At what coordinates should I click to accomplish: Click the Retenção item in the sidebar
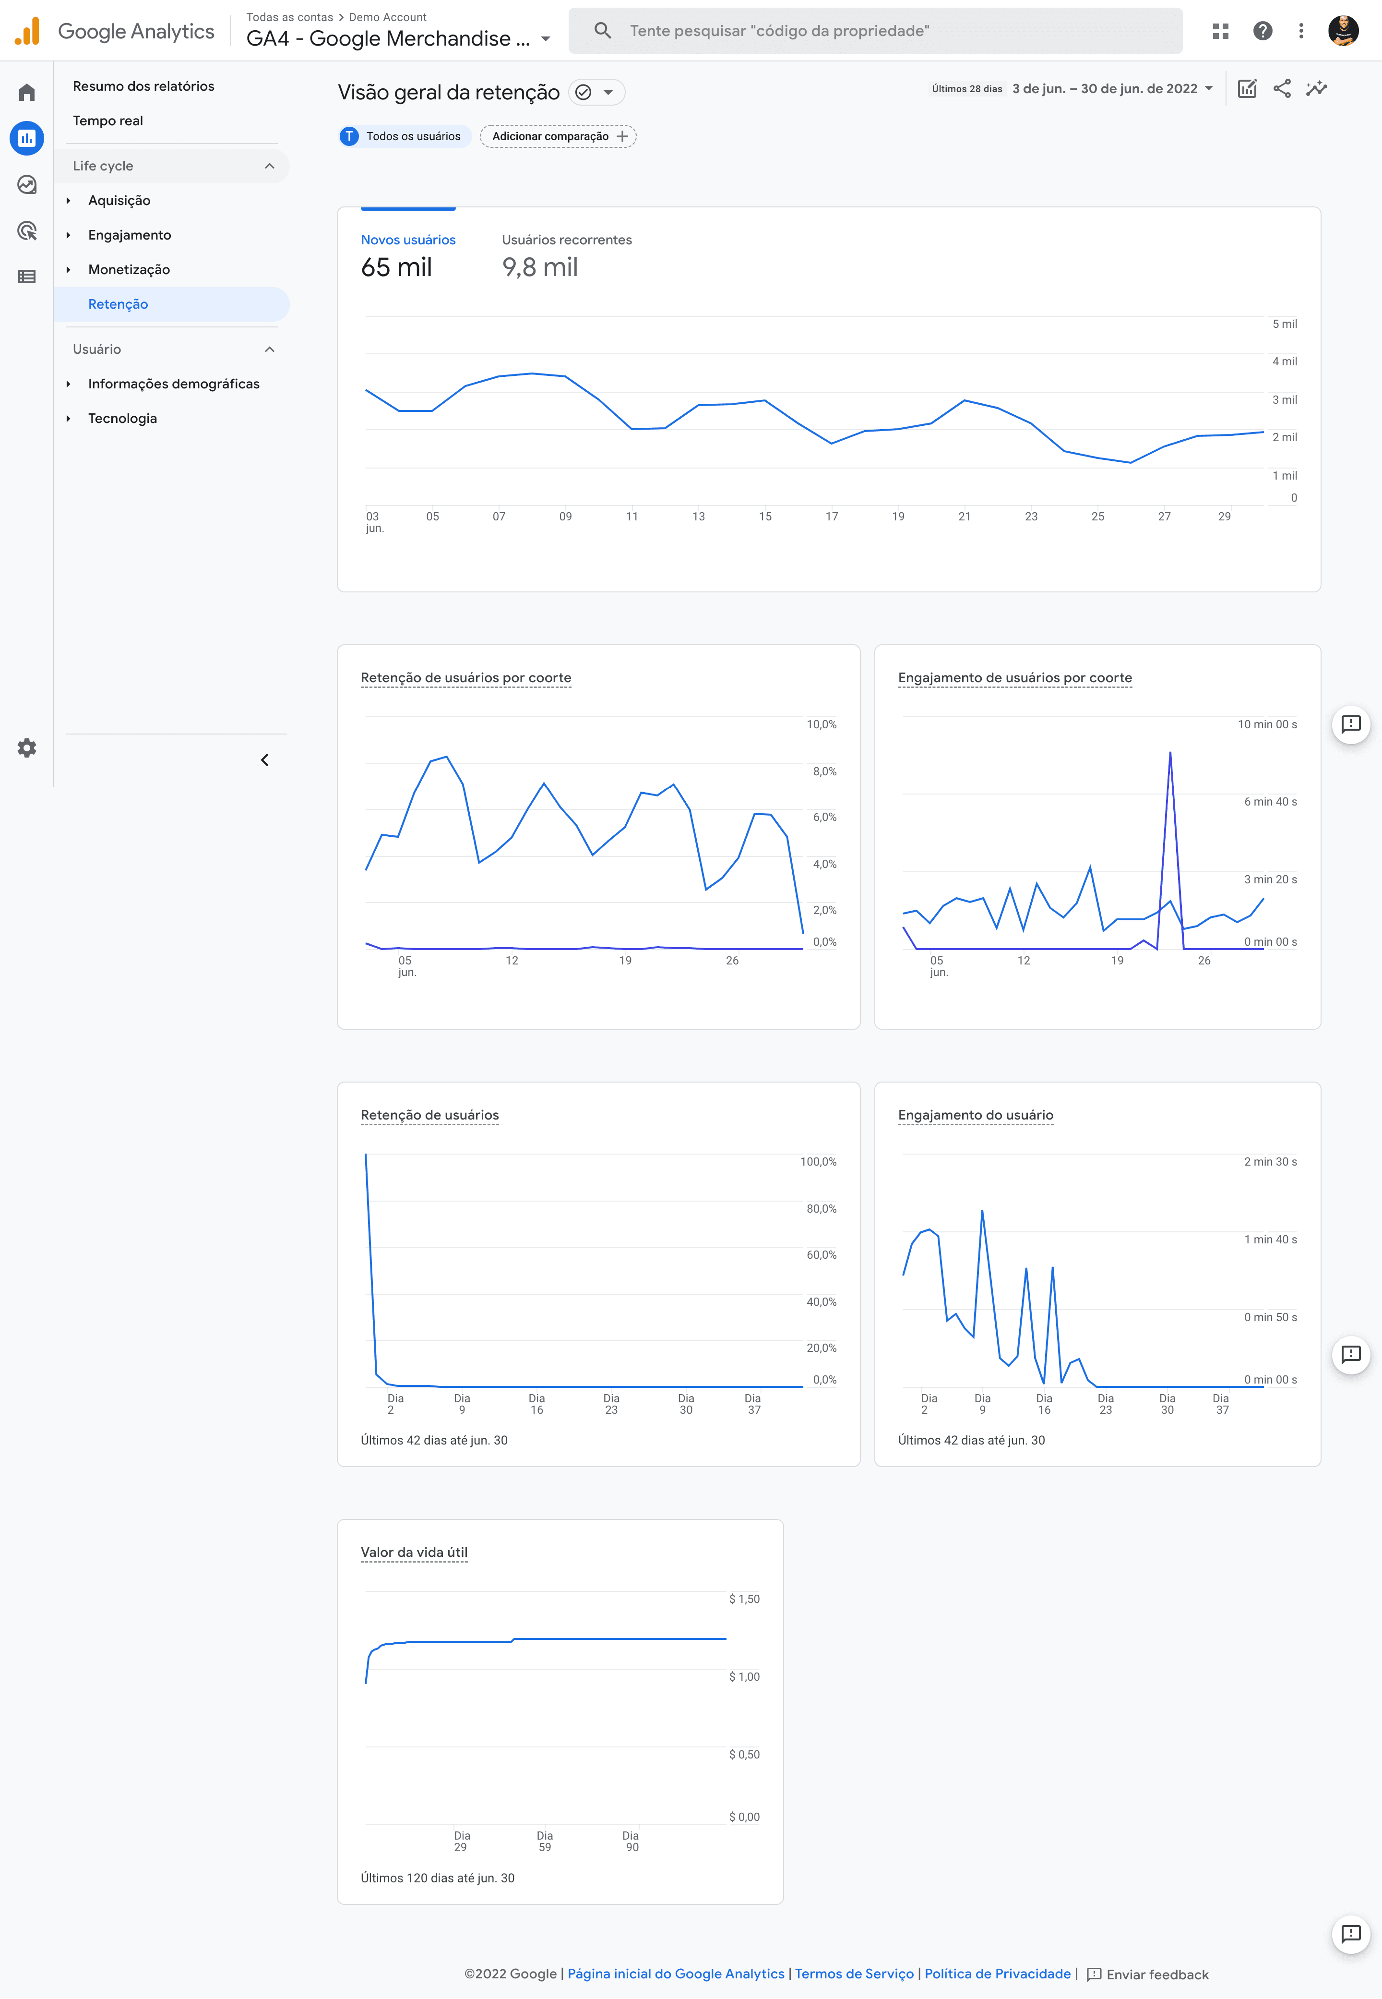[118, 304]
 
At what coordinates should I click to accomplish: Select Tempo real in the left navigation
[107, 120]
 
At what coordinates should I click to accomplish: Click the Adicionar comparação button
[558, 136]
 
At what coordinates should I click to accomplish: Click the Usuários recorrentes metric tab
[566, 240]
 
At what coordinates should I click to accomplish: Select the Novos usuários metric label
[408, 240]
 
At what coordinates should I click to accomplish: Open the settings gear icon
[27, 747]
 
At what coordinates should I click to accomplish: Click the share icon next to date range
[1282, 88]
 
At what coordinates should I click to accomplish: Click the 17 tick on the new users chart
[831, 516]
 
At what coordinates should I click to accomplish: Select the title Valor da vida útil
[414, 1552]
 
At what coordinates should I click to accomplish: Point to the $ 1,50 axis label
[744, 1599]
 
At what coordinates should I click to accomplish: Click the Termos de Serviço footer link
[854, 1973]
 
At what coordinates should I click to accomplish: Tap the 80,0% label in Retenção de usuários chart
[821, 1208]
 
